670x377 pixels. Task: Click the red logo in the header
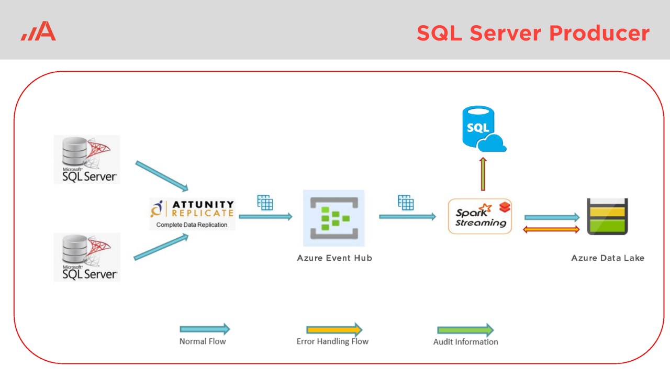[x=39, y=31]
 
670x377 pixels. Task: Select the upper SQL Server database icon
[x=87, y=159]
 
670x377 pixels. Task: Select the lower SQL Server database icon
[x=87, y=257]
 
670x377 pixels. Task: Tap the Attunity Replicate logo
[x=192, y=208]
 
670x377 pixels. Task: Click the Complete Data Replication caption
[x=192, y=225]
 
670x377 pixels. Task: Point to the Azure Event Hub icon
[x=334, y=218]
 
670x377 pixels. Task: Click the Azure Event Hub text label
[x=334, y=258]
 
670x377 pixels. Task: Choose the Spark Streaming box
[x=479, y=216]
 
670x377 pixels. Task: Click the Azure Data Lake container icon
[x=607, y=216]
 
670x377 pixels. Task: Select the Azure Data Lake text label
[x=608, y=258]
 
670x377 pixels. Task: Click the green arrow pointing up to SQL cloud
[x=483, y=174]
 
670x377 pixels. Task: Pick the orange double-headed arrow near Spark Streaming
[x=551, y=229]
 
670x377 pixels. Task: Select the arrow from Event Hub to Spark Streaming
[x=407, y=216]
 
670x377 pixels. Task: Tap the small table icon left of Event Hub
[x=265, y=202]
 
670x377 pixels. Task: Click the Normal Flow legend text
[x=203, y=341]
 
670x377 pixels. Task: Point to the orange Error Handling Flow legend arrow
[x=334, y=330]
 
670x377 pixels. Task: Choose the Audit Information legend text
[x=465, y=342]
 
